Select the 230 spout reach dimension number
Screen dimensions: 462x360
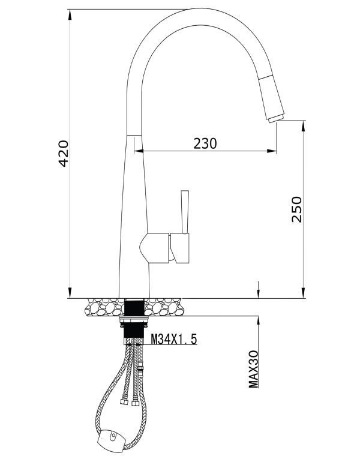click(x=205, y=143)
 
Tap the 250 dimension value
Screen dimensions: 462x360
click(x=298, y=209)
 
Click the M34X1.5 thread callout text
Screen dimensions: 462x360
click(x=174, y=340)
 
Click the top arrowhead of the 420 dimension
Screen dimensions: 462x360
click(x=70, y=14)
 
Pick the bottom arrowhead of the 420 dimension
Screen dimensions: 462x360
click(x=70, y=293)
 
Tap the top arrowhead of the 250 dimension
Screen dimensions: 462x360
click(x=303, y=125)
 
